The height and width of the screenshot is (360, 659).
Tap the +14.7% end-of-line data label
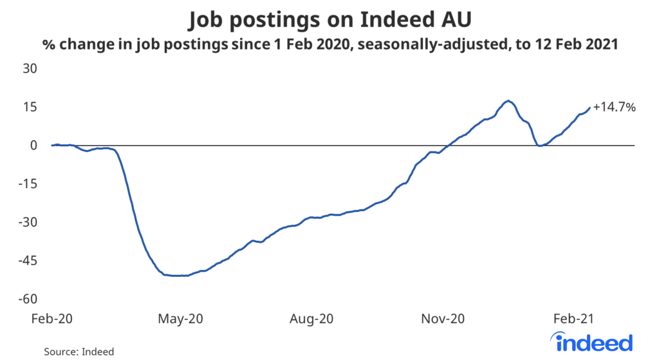(615, 108)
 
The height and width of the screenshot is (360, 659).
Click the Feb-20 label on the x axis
(53, 318)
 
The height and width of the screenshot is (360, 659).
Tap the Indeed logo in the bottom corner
(592, 342)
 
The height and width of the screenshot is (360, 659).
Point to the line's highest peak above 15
(508, 100)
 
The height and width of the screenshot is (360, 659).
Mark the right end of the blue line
(589, 108)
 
